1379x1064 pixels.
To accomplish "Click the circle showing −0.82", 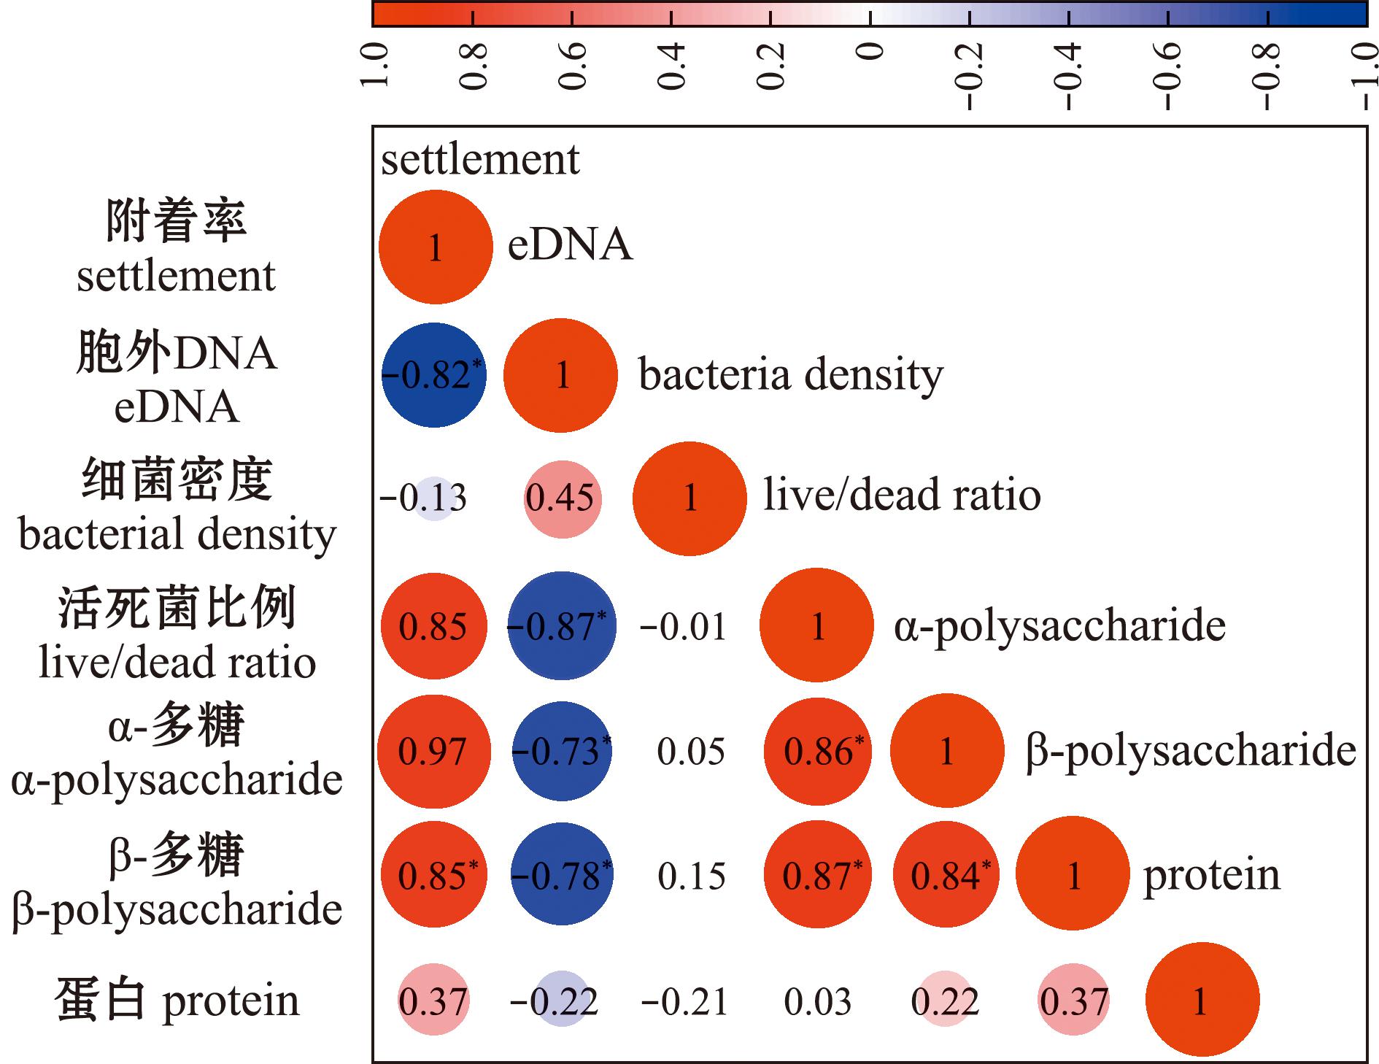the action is [x=433, y=375].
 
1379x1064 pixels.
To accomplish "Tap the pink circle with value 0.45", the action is [x=563, y=499].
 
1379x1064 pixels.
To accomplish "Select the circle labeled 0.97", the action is [x=434, y=752].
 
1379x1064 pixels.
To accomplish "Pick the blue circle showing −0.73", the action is [x=562, y=752].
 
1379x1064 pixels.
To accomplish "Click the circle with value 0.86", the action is [x=818, y=752].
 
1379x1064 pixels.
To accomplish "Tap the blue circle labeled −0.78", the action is [x=562, y=876].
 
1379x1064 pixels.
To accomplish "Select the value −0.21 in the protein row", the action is [x=684, y=1002].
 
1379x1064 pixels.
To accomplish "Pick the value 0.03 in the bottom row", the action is [x=818, y=1002].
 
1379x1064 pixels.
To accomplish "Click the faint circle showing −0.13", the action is [x=434, y=499].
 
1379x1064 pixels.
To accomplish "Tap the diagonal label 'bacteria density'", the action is [x=791, y=375].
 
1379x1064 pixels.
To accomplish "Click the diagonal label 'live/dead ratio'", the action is [x=902, y=495].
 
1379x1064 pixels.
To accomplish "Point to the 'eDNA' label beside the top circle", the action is [x=570, y=244].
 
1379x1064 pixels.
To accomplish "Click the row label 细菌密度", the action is [x=177, y=479].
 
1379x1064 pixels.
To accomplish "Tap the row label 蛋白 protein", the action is [x=177, y=1001].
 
